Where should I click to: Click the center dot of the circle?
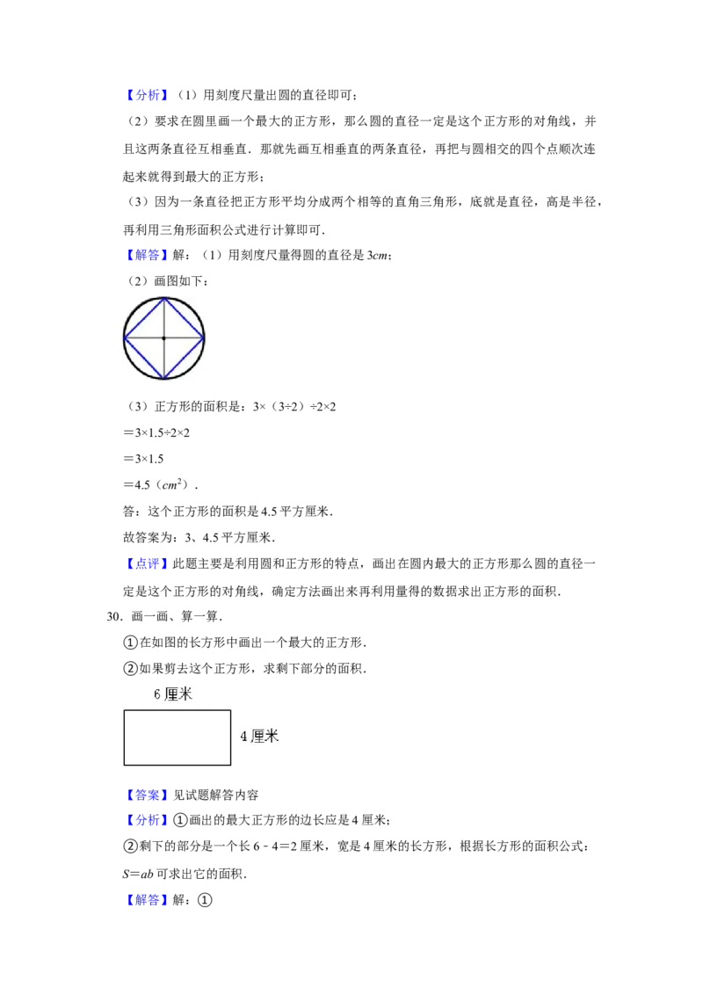pyautogui.click(x=163, y=338)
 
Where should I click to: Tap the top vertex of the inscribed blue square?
pyautogui.click(x=164, y=297)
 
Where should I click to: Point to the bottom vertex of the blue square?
pyautogui.click(x=164, y=378)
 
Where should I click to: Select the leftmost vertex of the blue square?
pyautogui.click(x=124, y=337)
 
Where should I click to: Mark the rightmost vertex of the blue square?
pyautogui.click(x=205, y=337)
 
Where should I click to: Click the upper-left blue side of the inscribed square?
pyautogui.click(x=143, y=317)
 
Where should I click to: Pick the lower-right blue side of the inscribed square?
pyautogui.click(x=185, y=358)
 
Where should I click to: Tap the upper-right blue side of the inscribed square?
pyautogui.click(x=185, y=316)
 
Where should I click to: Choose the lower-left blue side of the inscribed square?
pyautogui.click(x=144, y=358)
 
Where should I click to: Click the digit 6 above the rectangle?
pyautogui.click(x=157, y=695)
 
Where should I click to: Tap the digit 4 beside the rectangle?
pyautogui.click(x=244, y=737)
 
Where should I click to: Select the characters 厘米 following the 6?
pyautogui.click(x=178, y=694)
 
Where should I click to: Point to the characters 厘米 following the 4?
pyautogui.click(x=265, y=737)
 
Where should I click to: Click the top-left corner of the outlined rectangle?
pyautogui.click(x=124, y=710)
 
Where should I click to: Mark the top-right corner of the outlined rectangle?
pyautogui.click(x=230, y=710)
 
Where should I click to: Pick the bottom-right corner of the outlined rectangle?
pyautogui.click(x=230, y=765)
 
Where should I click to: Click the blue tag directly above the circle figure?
pyautogui.click(x=147, y=256)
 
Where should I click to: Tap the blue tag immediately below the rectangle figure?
pyautogui.click(x=147, y=795)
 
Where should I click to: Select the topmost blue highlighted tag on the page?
pyautogui.click(x=147, y=94)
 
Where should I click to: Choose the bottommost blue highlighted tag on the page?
pyautogui.click(x=147, y=899)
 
